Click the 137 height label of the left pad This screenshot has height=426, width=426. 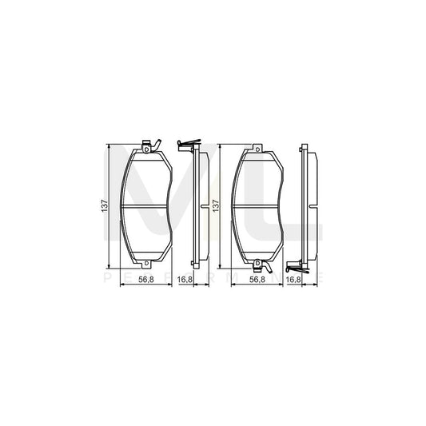tap(102, 206)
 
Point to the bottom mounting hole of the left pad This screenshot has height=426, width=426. tap(145, 265)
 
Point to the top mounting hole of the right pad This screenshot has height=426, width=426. tap(256, 147)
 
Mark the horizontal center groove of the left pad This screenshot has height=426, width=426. tap(145, 206)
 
